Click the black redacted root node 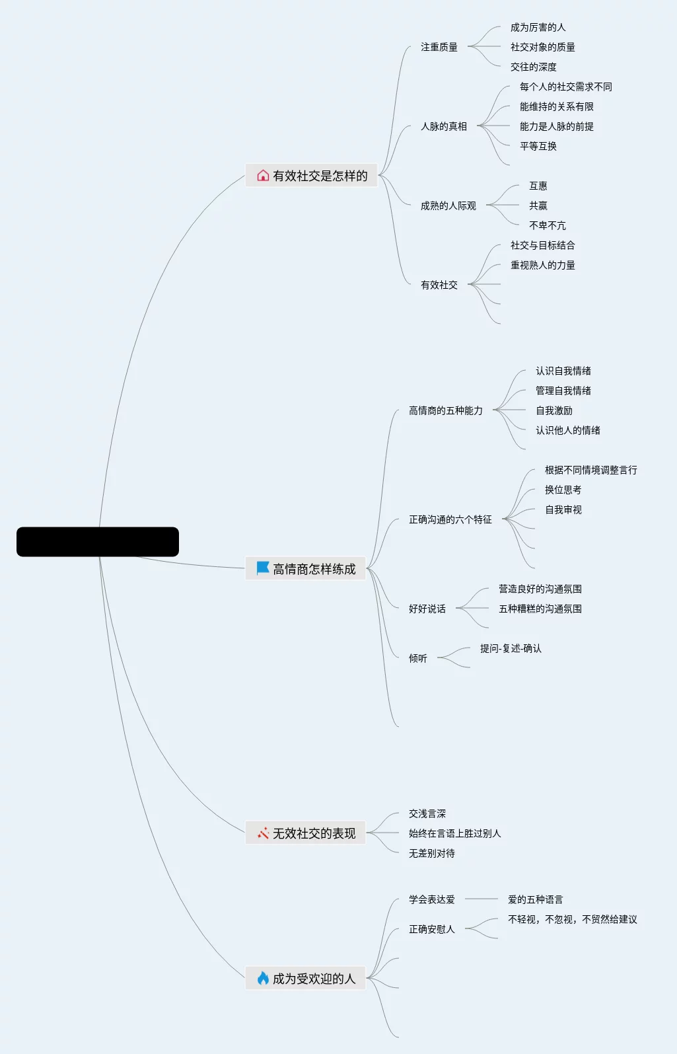tap(98, 542)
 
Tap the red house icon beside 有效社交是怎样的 tap(263, 176)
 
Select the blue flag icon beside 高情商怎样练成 tap(263, 568)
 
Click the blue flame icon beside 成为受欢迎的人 tap(263, 978)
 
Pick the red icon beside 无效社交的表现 tap(263, 833)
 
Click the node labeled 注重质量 tap(439, 47)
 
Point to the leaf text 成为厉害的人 tap(538, 27)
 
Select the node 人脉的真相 tap(444, 126)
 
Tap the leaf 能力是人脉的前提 tap(556, 126)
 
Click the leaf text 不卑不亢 tap(547, 225)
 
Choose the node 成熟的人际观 tap(448, 206)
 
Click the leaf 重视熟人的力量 tap(542, 265)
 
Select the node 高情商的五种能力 tap(446, 410)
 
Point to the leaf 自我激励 tap(554, 410)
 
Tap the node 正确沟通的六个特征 tap(450, 519)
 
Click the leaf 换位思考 tap(563, 490)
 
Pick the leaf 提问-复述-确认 tap(511, 648)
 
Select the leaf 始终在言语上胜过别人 tap(455, 833)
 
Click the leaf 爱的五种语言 tap(536, 899)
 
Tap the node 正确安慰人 tap(432, 929)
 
